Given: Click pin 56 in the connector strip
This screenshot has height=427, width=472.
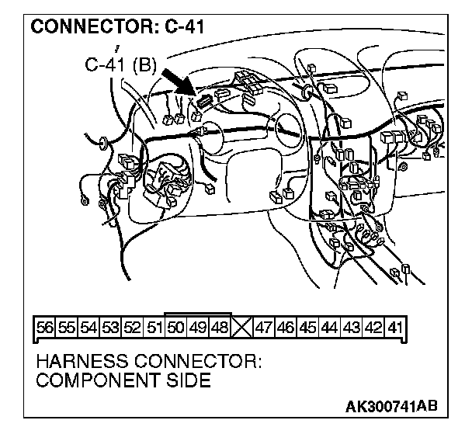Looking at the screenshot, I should [x=44, y=328].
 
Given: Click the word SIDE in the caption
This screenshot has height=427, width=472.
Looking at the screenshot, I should [x=188, y=380].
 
